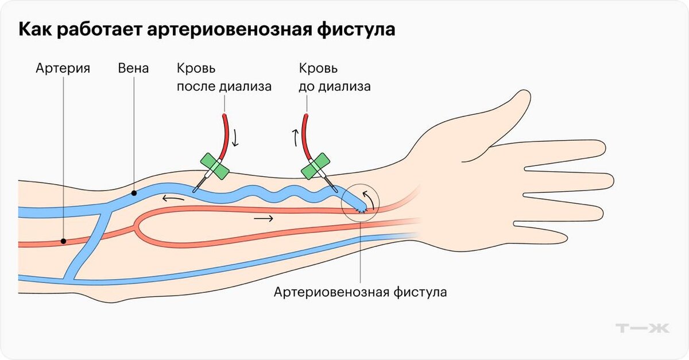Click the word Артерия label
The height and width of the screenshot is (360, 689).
pyautogui.click(x=63, y=69)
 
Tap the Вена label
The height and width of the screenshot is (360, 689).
pyautogui.click(x=134, y=69)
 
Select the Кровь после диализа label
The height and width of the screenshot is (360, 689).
pyautogui.click(x=223, y=78)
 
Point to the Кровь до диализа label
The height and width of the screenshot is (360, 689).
pyautogui.click(x=335, y=78)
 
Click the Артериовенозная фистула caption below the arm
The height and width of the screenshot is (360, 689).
pyautogui.click(x=360, y=292)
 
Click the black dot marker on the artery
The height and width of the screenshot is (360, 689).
pyautogui.click(x=63, y=241)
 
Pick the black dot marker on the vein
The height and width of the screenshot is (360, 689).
pyautogui.click(x=134, y=193)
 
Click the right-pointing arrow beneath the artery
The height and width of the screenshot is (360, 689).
pyautogui.click(x=264, y=219)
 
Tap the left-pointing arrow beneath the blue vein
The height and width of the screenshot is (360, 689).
pyautogui.click(x=172, y=199)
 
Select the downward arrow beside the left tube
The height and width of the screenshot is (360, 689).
pyautogui.click(x=235, y=138)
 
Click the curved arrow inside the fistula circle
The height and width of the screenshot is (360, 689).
pyautogui.click(x=373, y=198)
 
